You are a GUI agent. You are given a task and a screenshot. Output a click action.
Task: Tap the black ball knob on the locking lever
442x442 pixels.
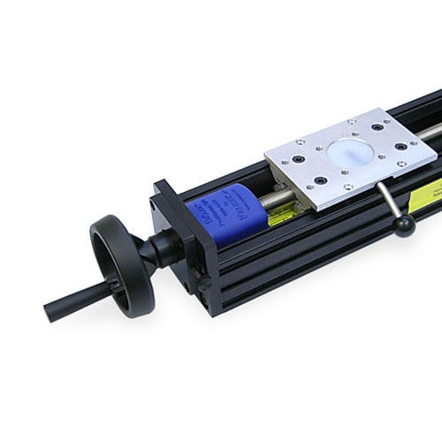pos(404,226)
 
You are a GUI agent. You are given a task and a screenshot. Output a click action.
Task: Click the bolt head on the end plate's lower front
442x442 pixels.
pos(205,285)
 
